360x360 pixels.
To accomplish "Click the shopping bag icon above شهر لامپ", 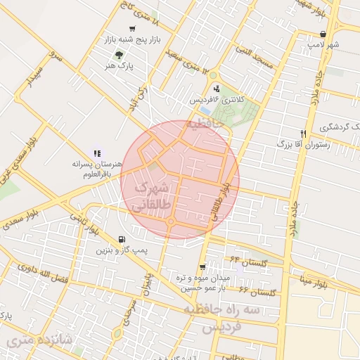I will point(323,33).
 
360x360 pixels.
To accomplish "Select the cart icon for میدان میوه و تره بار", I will point(203,266).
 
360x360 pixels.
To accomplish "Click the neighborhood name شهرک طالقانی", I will point(150,196).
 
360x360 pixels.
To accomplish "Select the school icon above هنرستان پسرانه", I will point(96,153).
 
